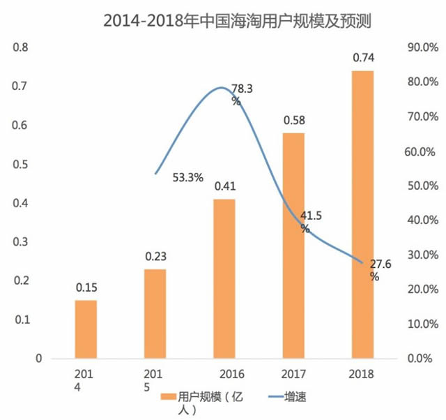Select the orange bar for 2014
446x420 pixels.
86,329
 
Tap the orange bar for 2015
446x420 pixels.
155,313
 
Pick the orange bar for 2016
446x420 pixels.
224,278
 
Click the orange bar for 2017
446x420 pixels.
293,245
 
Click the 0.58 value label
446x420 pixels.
293,121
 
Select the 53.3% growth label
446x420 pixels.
188,177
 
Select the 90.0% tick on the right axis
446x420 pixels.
420,47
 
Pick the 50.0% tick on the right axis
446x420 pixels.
420,186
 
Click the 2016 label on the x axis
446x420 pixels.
224,373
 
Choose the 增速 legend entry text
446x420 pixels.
295,396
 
